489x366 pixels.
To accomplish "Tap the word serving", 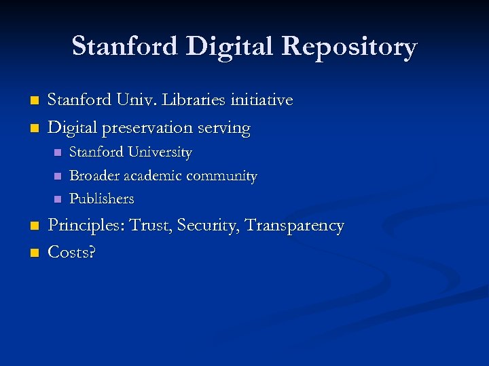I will (225, 127).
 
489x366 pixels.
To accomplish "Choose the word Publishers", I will (102, 199).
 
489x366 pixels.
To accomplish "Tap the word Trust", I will (150, 226).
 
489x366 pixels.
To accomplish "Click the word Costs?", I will (71, 253).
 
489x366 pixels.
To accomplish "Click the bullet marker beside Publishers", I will (57, 199).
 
